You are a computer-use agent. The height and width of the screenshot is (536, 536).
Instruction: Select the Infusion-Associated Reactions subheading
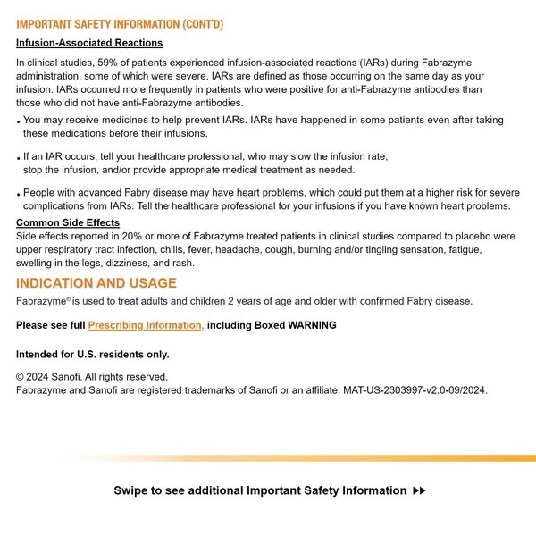tap(89, 43)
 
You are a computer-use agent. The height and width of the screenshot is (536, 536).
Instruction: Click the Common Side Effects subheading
tap(68, 222)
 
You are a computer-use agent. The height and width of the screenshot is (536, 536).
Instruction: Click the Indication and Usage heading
tap(96, 283)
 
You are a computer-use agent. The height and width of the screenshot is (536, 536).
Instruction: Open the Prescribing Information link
tap(146, 325)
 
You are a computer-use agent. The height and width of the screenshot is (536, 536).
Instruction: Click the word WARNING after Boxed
tap(312, 325)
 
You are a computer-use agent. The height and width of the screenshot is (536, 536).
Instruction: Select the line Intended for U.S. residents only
tap(93, 354)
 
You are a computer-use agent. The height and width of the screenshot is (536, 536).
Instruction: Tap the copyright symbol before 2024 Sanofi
tap(21, 377)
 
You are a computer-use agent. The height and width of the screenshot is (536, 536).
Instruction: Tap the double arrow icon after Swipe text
tap(420, 490)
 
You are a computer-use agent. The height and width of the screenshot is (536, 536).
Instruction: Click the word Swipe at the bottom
tap(130, 490)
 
